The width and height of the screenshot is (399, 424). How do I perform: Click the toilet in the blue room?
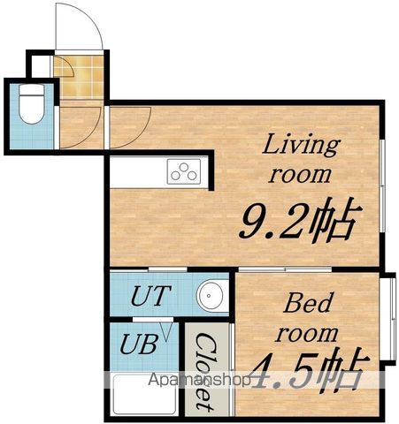pos(32,104)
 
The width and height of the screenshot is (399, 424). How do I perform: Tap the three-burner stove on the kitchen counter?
pos(184,171)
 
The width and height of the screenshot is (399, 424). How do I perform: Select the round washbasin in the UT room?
pos(209,295)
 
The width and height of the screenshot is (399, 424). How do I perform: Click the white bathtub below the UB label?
pos(145,395)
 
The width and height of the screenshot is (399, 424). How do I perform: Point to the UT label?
pos(150,295)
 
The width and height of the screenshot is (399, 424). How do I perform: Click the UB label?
pos(139,344)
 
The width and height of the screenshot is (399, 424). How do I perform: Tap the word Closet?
pos(204,372)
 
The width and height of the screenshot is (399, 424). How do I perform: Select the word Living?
pos(301,145)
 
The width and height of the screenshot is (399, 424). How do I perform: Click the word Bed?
pos(309,303)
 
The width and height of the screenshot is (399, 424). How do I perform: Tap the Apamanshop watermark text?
pos(199,380)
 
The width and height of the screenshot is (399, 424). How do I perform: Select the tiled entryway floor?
pos(79,77)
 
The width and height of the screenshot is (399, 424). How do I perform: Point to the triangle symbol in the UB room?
pos(165,332)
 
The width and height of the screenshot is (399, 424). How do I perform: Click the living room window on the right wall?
pos(382,185)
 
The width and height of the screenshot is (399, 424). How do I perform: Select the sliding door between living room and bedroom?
pos(285,269)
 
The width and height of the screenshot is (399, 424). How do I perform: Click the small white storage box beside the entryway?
pos(41,66)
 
